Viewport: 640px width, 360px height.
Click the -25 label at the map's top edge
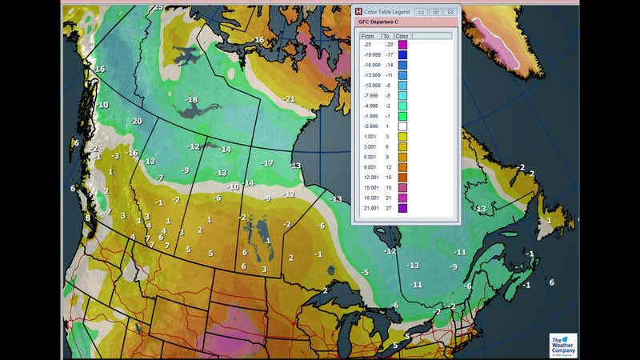(x=157, y=7)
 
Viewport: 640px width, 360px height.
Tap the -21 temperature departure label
(x=289, y=98)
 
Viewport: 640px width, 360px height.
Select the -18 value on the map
(x=191, y=99)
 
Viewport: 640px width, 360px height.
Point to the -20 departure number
(x=136, y=121)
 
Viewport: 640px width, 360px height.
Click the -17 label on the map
(x=267, y=163)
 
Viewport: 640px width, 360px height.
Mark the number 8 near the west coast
(x=88, y=218)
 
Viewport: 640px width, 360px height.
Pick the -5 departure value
(x=365, y=272)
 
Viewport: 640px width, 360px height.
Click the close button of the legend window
(x=450, y=12)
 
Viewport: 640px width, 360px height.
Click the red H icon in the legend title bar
(x=358, y=12)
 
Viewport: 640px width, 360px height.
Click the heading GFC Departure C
(x=380, y=24)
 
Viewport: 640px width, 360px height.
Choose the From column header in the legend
(x=369, y=36)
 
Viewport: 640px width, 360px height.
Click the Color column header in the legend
(x=403, y=36)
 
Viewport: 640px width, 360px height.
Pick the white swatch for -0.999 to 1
(x=403, y=126)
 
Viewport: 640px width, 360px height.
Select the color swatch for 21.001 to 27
(x=403, y=208)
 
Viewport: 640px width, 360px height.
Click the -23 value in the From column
(x=366, y=45)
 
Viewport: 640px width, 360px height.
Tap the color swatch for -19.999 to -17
(x=403, y=55)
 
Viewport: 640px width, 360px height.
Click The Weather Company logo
(x=562, y=345)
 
